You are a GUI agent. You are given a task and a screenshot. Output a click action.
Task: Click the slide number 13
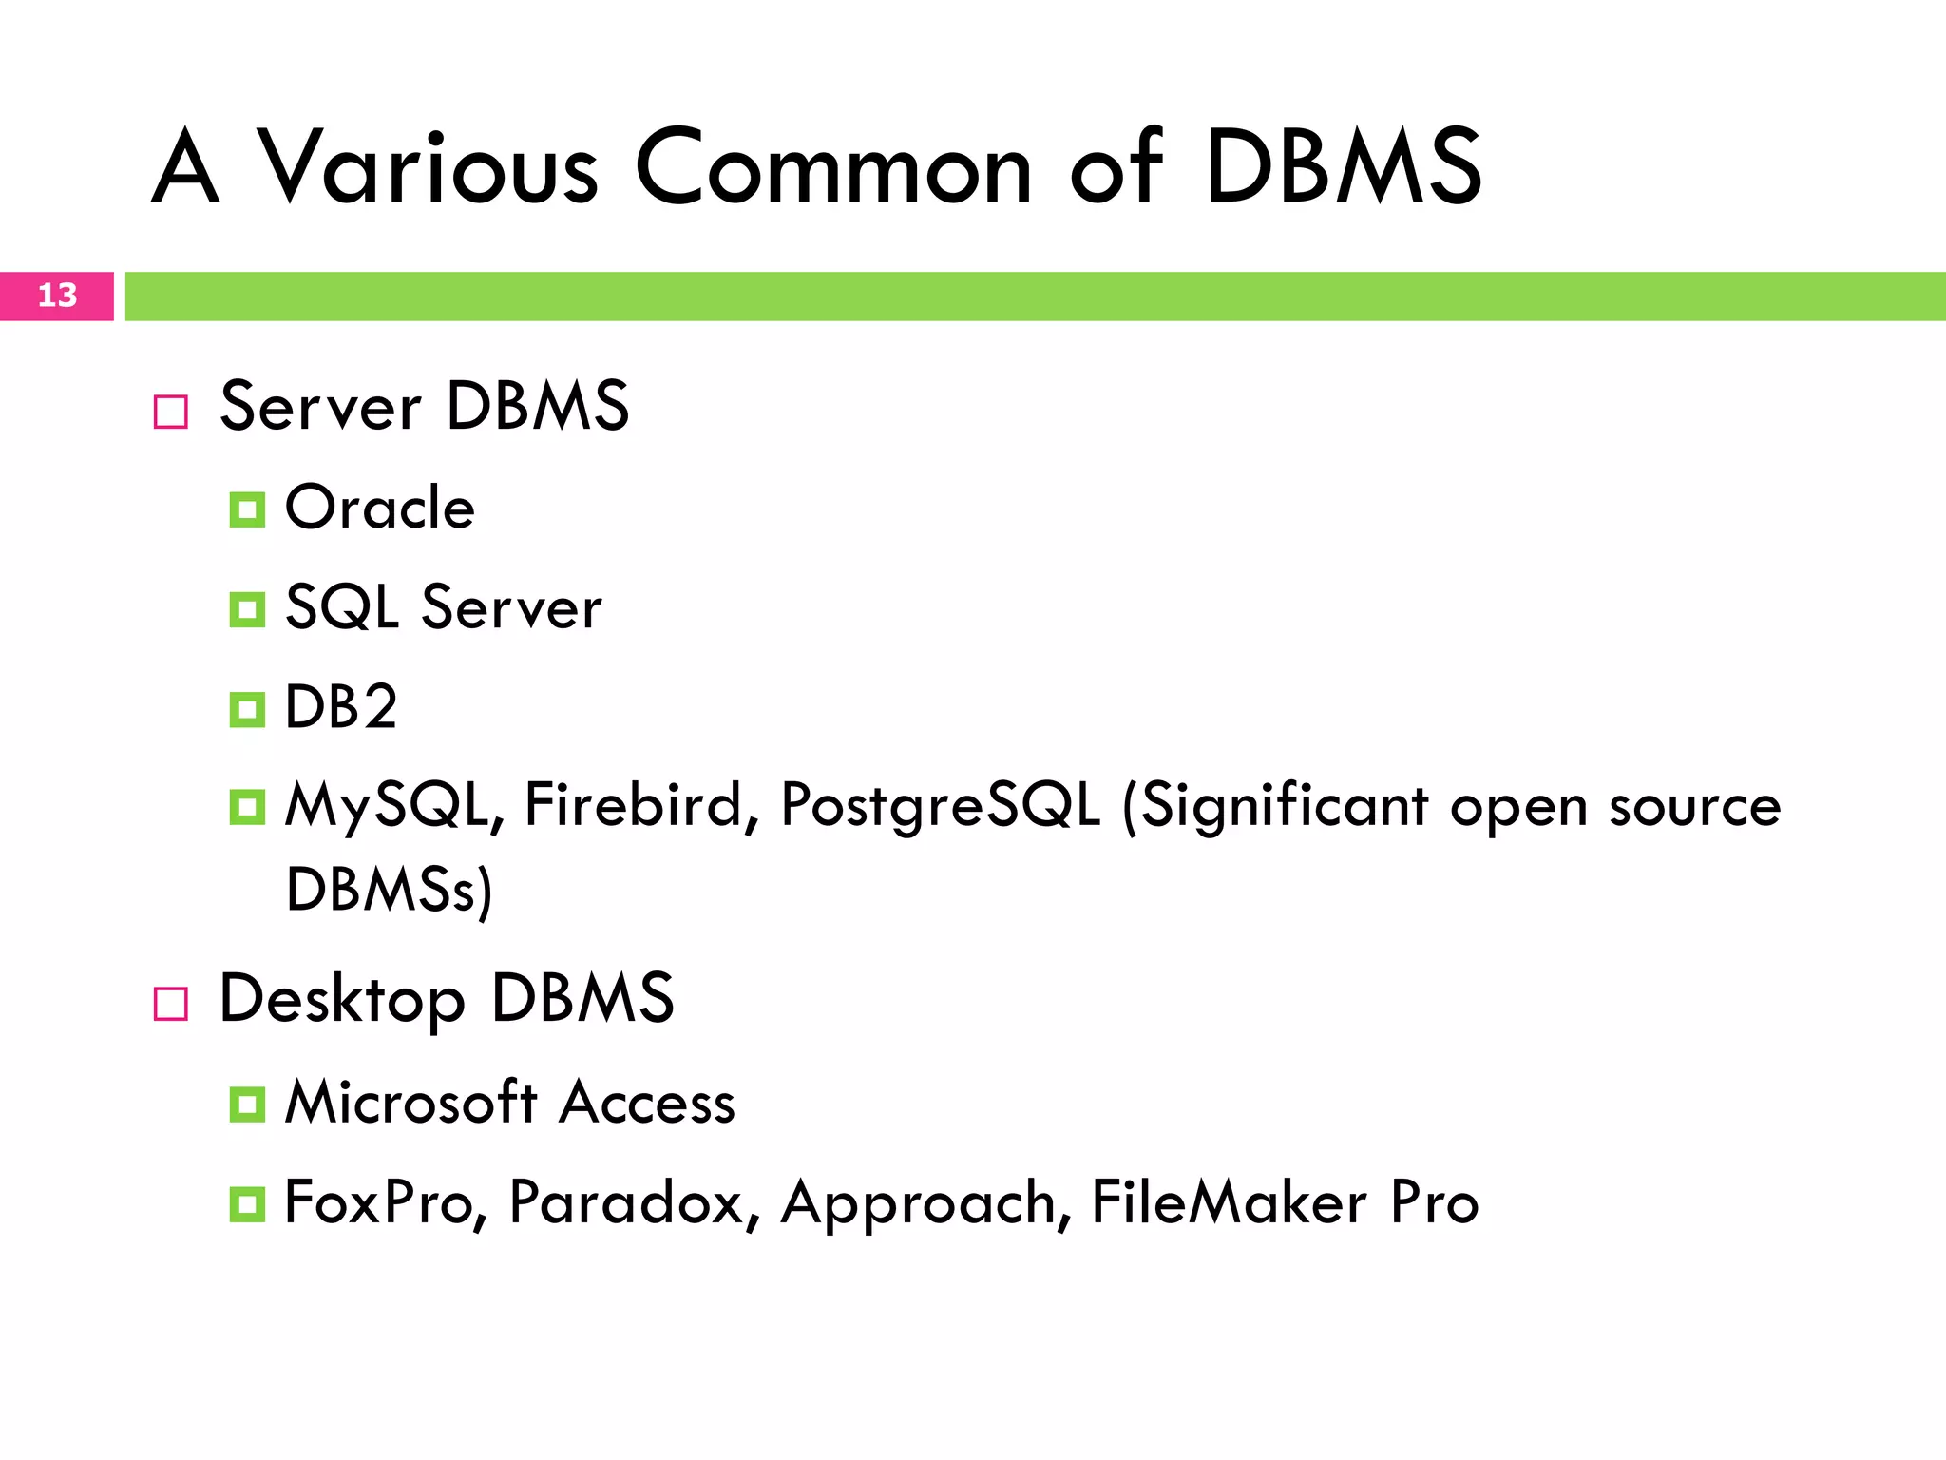[x=57, y=296]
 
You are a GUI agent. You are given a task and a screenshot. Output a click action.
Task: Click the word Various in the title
[x=428, y=167]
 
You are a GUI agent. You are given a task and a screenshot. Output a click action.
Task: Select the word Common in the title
[x=832, y=167]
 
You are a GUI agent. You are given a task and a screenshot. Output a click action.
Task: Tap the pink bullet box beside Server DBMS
[x=171, y=412]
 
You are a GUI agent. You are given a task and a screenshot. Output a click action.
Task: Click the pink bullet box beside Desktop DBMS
[x=171, y=1003]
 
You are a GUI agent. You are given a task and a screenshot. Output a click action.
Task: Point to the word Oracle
[x=380, y=508]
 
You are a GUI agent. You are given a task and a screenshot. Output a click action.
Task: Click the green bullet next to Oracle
[x=247, y=510]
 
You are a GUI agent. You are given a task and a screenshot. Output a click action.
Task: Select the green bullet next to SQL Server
[x=247, y=610]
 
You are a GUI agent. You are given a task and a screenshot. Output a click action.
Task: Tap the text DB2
[x=341, y=707]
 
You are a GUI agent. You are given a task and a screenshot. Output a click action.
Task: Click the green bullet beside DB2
[x=247, y=709]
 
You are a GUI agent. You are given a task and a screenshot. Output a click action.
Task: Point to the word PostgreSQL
[x=940, y=806]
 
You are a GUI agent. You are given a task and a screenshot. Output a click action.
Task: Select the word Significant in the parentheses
[x=1284, y=806]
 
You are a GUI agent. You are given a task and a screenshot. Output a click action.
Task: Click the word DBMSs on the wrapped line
[x=381, y=890]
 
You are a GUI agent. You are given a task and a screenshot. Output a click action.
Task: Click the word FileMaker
[x=1229, y=1202]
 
